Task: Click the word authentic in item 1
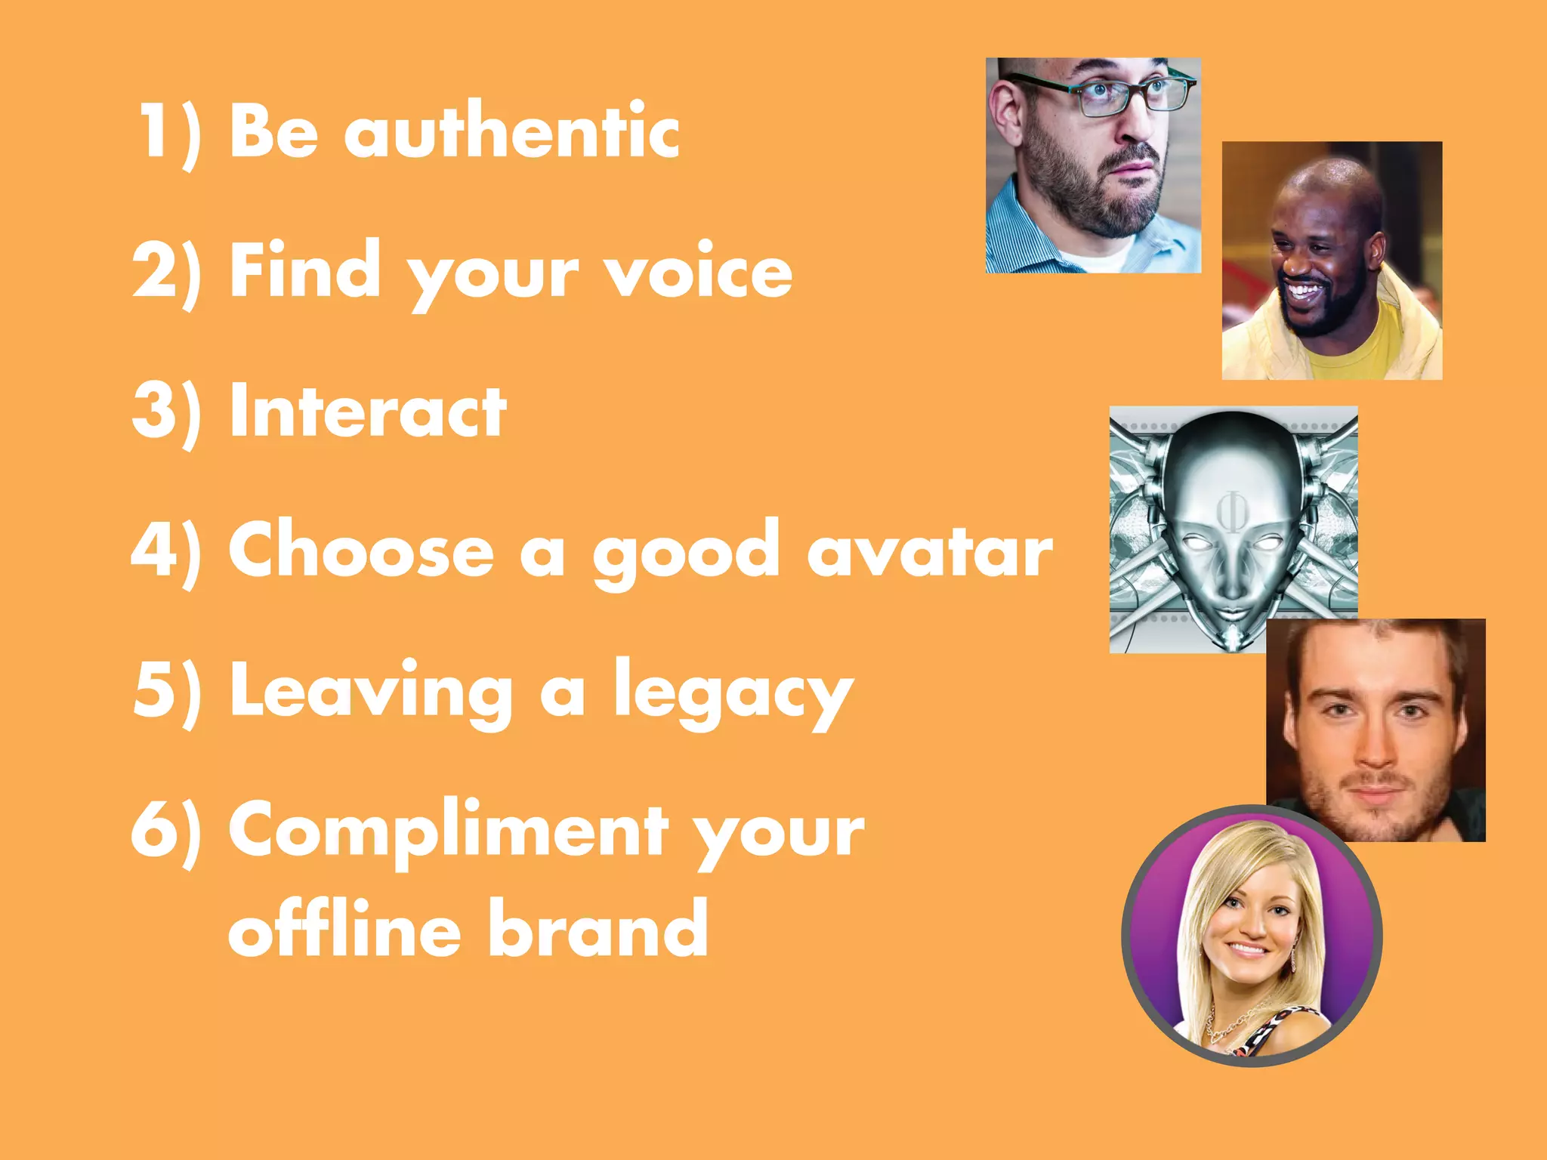(511, 132)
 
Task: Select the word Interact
(368, 411)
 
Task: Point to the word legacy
(733, 693)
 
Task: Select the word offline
(344, 928)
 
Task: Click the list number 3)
(167, 411)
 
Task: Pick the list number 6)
(167, 831)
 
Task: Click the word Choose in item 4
(361, 551)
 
